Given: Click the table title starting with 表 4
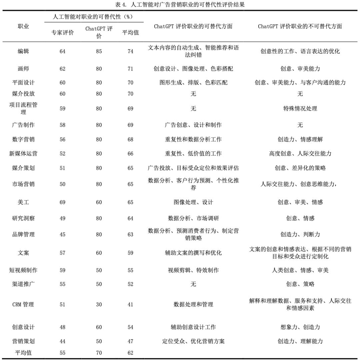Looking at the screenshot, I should click(180, 5).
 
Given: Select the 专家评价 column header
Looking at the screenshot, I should click(62, 32).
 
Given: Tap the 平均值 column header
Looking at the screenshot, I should click(130, 32).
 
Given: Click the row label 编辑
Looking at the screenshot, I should click(23, 51).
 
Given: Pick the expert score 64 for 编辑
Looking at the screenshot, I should click(62, 51).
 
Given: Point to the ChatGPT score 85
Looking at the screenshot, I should click(99, 51).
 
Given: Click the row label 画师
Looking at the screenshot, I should click(23, 69).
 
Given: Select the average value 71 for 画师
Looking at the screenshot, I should click(130, 69).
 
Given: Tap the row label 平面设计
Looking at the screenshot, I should click(23, 82).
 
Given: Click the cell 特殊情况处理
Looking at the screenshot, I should click(300, 109).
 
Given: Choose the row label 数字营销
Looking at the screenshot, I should click(23, 139).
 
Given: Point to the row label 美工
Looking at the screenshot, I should click(23, 202).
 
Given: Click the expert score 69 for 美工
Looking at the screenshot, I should click(62, 202).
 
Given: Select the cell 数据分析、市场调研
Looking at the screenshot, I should click(193, 218).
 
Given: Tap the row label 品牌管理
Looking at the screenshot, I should click(23, 234).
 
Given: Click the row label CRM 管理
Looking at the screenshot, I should click(23, 304).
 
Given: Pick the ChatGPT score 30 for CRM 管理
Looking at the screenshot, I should click(99, 304).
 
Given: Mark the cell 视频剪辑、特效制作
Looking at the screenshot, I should click(193, 270).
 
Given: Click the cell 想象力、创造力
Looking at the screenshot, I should click(300, 327).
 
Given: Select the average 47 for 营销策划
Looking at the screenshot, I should click(130, 341).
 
